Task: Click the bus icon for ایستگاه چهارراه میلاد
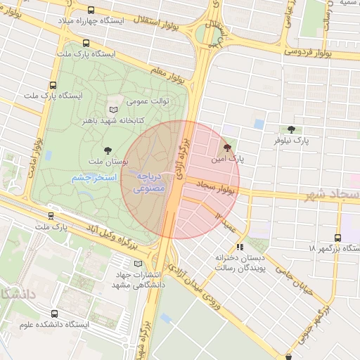click(x=92, y=11)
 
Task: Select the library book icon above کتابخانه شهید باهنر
click(x=114, y=110)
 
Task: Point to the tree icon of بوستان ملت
click(x=108, y=150)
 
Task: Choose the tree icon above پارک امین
click(x=227, y=148)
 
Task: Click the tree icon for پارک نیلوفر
click(x=291, y=129)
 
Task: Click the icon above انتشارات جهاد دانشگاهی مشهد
click(x=137, y=263)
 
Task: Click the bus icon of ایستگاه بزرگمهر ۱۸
click(x=338, y=238)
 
